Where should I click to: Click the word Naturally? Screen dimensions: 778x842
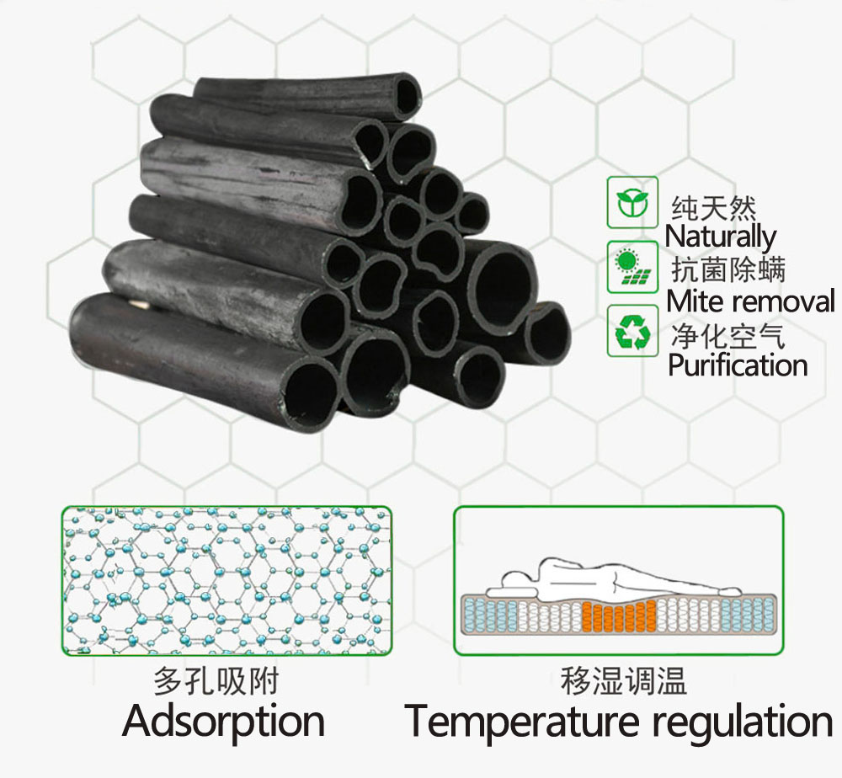[x=720, y=237]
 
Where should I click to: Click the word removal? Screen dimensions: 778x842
[x=782, y=301]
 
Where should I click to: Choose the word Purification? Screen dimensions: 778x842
[x=738, y=365]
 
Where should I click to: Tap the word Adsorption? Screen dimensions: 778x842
[x=223, y=722]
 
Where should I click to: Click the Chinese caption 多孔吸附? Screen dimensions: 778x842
[x=216, y=680]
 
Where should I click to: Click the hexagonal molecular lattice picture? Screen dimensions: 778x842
[x=226, y=580]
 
